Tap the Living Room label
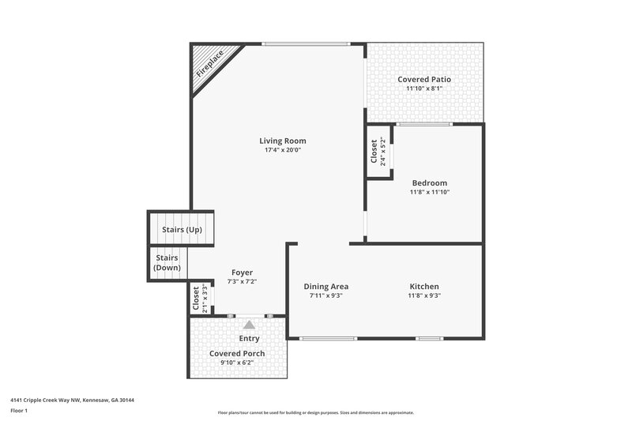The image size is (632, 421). click(x=283, y=141)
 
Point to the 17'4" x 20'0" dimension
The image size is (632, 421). click(x=283, y=150)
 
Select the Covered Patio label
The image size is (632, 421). click(x=424, y=80)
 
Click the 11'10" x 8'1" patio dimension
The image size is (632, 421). click(x=424, y=89)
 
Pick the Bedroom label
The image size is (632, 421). click(x=429, y=182)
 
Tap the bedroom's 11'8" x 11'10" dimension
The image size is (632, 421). click(x=429, y=192)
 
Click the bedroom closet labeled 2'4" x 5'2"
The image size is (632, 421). click(x=378, y=152)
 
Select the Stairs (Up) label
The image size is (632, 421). click(x=182, y=230)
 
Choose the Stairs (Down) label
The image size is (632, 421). click(x=167, y=263)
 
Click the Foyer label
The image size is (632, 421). click(x=242, y=273)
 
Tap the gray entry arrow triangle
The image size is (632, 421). click(x=249, y=324)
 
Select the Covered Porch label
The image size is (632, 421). click(x=237, y=353)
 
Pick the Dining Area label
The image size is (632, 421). click(x=326, y=286)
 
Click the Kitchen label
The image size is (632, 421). click(x=424, y=286)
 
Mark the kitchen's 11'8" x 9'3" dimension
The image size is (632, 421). click(x=424, y=295)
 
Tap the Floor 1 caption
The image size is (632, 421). click(x=19, y=411)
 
